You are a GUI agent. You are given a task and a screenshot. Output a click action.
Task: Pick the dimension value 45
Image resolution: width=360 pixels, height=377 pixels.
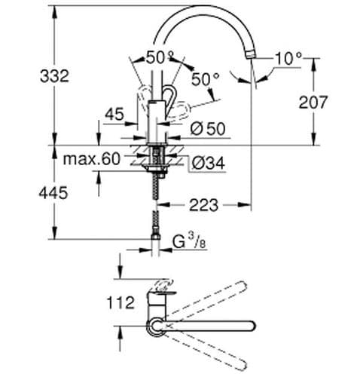point(114,115)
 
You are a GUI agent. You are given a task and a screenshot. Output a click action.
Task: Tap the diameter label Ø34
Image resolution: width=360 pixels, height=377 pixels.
point(208,162)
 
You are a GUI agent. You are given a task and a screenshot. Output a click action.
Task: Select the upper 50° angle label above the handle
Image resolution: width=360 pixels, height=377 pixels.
point(159,57)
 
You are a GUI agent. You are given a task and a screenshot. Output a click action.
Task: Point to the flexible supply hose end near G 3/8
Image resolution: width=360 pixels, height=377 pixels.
point(157,241)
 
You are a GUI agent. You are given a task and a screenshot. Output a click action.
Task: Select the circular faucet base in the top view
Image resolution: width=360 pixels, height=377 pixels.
point(156,325)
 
